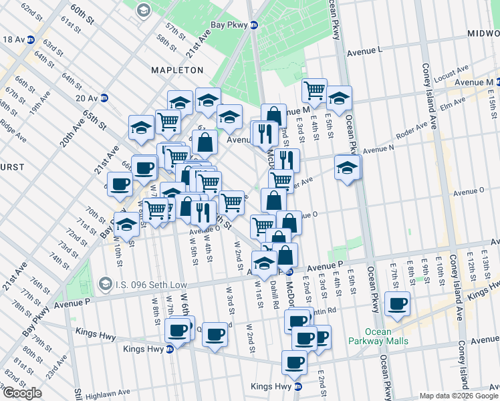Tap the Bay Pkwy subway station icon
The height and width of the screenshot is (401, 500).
pos(254,25)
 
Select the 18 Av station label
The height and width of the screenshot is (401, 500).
pos(13,39)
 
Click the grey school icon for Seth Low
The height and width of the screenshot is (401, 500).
pos(105,284)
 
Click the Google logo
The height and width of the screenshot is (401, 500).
pos(22,393)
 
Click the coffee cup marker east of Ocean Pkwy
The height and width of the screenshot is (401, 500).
pos(399,303)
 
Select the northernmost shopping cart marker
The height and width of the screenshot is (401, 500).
pos(314,89)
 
